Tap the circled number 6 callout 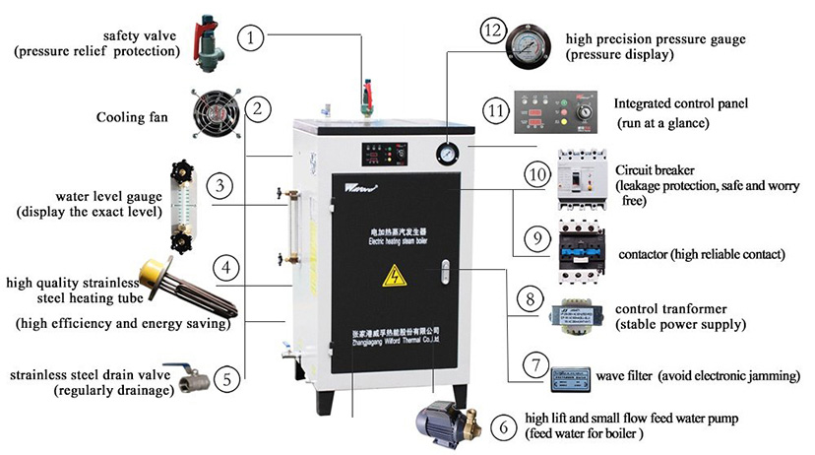504,426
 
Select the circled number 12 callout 492,31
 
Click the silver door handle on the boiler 446,275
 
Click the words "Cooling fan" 131,117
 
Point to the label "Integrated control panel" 680,102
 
